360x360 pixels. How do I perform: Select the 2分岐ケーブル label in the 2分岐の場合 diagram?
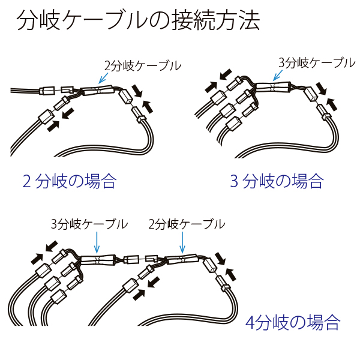[142, 66]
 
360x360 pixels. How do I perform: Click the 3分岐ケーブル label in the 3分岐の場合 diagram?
[317, 62]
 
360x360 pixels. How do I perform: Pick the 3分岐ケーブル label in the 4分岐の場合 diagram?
[89, 224]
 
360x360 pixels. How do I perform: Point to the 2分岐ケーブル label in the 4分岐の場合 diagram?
[186, 224]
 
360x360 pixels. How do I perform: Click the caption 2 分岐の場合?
[69, 180]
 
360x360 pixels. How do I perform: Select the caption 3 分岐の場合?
[277, 180]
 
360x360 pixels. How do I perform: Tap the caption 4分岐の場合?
[293, 323]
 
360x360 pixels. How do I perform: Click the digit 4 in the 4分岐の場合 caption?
[251, 323]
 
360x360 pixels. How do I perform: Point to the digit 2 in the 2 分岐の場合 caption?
[26, 180]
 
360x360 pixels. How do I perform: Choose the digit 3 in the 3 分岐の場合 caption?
[235, 180]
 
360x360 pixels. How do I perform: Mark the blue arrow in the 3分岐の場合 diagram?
[278, 74]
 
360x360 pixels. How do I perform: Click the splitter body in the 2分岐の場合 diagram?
[97, 91]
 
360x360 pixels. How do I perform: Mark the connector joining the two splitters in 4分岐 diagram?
[133, 260]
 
